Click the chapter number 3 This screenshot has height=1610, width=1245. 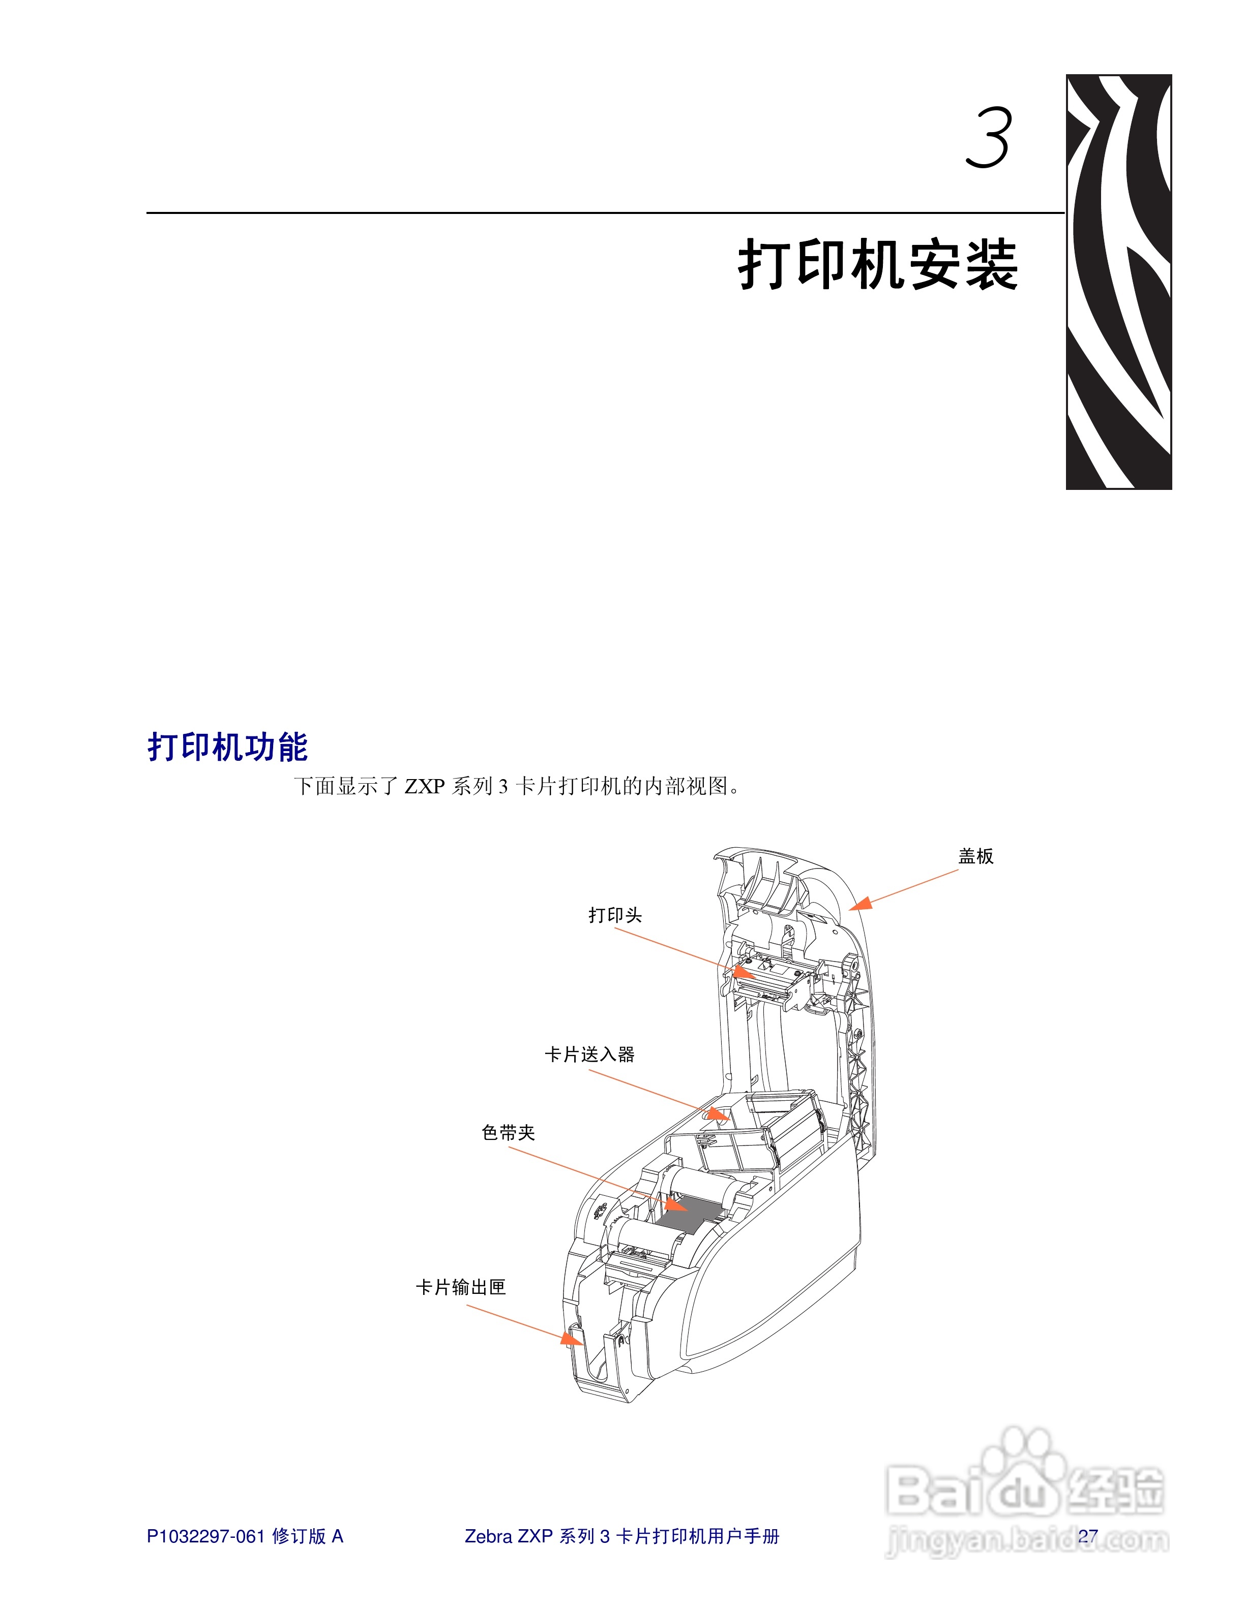coord(988,138)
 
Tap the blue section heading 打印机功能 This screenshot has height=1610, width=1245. coord(227,747)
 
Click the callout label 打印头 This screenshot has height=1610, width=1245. coord(615,915)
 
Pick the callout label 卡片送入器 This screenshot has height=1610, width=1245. coord(589,1054)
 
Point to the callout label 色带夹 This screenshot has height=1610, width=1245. coord(508,1132)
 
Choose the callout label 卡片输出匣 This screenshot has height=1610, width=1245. coord(461,1287)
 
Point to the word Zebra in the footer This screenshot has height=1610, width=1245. coord(488,1536)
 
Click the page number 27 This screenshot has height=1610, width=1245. coord(1087,1536)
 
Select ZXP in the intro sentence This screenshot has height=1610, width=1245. coord(424,787)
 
